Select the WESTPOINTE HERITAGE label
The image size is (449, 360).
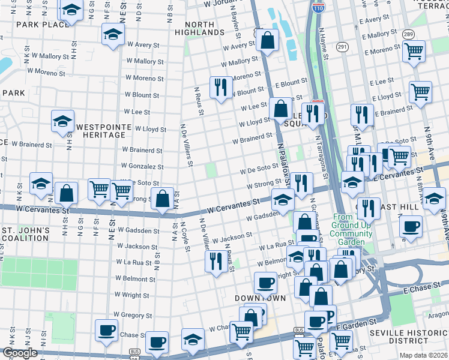tap(100, 131)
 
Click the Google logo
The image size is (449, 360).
tap(20, 353)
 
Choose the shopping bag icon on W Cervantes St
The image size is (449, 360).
tap(162, 198)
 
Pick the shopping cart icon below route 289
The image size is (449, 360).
tap(414, 52)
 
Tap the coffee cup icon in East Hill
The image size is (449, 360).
tap(411, 226)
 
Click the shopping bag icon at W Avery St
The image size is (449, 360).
tap(268, 40)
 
